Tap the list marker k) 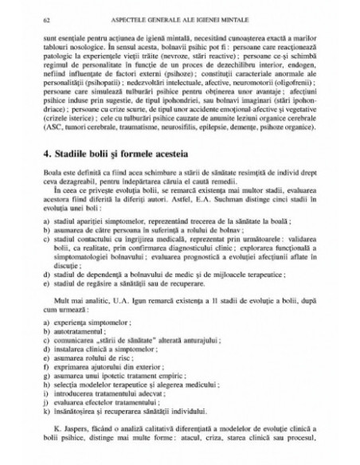pos(50,412)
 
